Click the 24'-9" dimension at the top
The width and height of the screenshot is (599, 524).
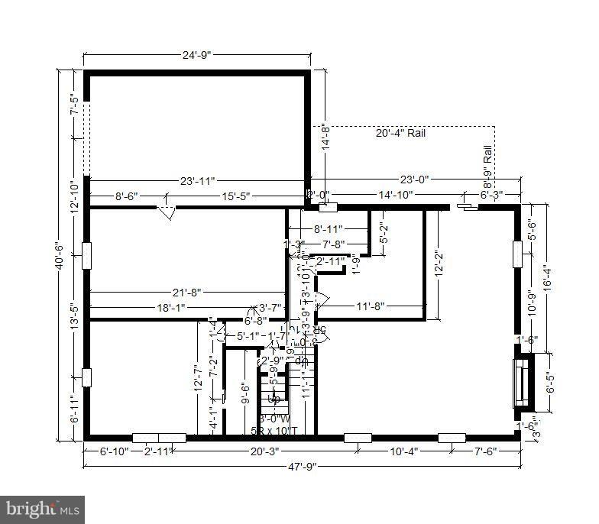[196, 55]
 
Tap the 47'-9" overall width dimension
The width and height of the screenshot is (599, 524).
[300, 465]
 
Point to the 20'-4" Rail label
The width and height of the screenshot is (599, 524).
[400, 133]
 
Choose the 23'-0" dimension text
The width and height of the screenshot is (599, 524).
[415, 180]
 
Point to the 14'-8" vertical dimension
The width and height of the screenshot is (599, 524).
[323, 139]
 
